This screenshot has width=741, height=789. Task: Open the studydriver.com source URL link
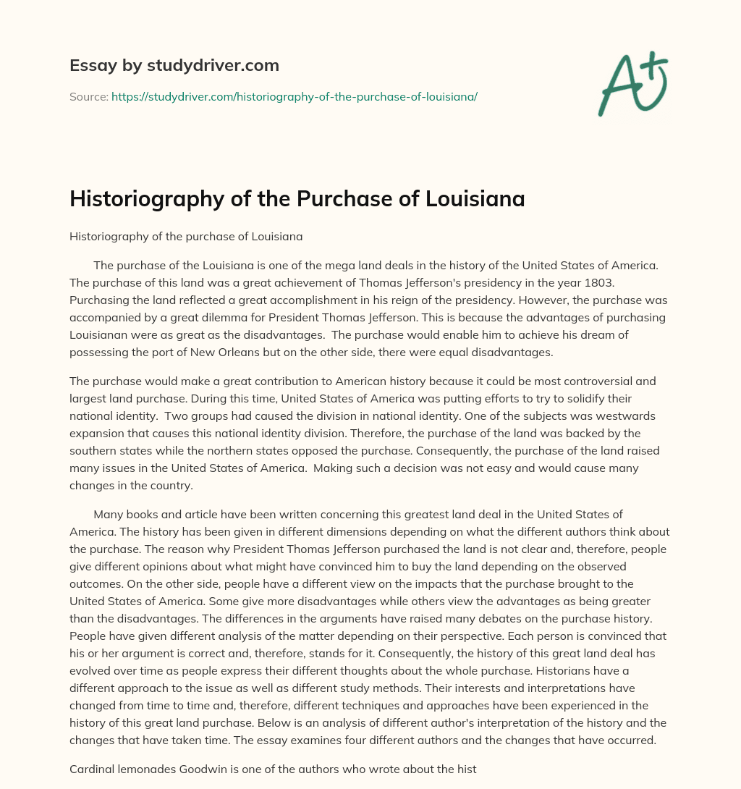click(x=294, y=96)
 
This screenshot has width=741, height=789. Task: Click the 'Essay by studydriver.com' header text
click(x=174, y=65)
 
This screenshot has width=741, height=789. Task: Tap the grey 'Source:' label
click(x=88, y=96)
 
